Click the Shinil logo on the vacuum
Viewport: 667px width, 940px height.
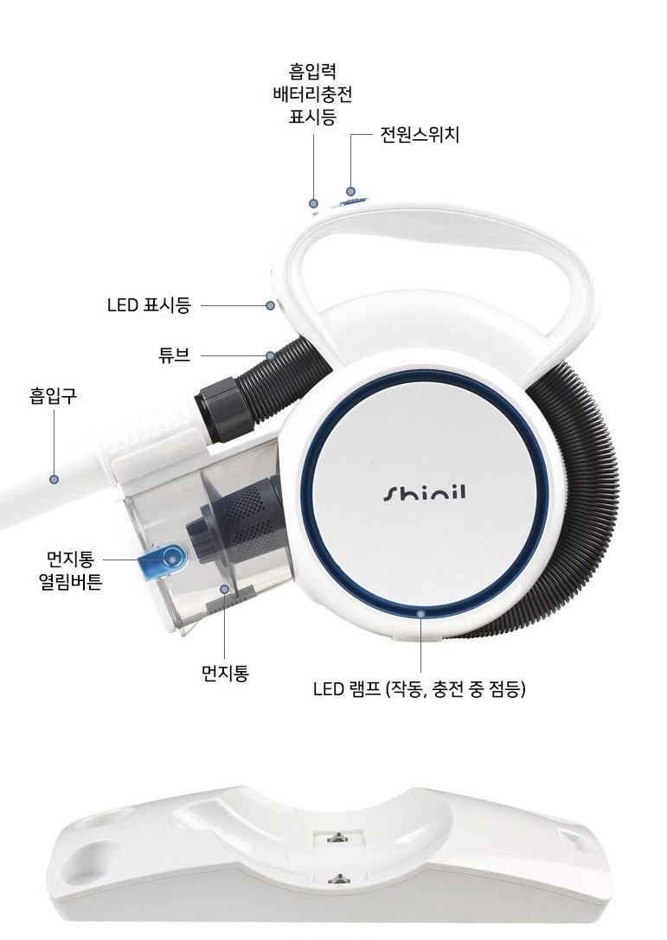(x=424, y=493)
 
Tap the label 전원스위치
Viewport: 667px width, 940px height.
(x=420, y=135)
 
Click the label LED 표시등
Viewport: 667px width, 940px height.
(x=149, y=305)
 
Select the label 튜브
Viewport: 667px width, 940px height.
(x=174, y=355)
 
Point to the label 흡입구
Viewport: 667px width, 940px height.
(x=54, y=396)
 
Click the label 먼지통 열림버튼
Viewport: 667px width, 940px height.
(x=70, y=570)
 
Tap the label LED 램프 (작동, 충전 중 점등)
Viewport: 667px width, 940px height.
(x=420, y=689)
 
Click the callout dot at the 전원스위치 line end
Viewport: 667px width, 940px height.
(x=351, y=192)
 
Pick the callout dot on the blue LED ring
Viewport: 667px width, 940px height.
(x=421, y=613)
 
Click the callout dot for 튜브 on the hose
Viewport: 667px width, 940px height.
(x=270, y=355)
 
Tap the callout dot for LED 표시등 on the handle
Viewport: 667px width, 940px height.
(x=271, y=305)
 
